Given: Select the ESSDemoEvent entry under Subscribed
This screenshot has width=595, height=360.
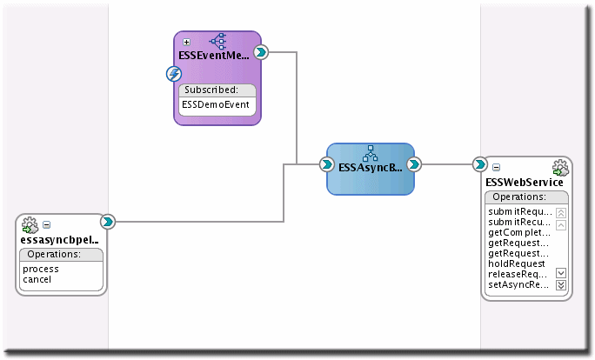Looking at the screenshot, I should tap(216, 105).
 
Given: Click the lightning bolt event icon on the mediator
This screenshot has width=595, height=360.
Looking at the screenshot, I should tap(173, 75).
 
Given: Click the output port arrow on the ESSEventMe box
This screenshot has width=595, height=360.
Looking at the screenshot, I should tap(260, 53).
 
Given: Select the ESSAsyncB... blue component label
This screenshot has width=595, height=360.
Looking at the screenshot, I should tap(370, 168).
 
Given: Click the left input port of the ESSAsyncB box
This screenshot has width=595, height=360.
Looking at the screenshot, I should tap(326, 163).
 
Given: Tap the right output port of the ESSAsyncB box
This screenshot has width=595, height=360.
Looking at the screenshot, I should tap(414, 163).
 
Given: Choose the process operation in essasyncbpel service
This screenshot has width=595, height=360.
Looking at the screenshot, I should tap(41, 270).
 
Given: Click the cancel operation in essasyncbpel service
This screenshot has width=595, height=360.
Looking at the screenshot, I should tap(37, 279).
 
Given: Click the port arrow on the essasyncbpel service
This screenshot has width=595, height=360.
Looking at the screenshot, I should tap(107, 222).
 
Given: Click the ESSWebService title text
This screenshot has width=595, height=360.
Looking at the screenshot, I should tap(524, 183).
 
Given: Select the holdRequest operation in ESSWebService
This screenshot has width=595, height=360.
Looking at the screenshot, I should tap(517, 263).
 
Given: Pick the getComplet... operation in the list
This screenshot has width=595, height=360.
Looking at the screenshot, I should tap(519, 232).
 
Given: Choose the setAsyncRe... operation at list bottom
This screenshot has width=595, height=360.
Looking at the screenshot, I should tap(519, 284).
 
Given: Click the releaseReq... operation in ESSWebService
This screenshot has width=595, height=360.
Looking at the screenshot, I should tap(519, 274).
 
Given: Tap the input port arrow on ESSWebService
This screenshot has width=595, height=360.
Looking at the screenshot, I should tap(479, 163).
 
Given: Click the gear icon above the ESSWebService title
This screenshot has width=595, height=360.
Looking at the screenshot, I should tap(560, 168).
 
